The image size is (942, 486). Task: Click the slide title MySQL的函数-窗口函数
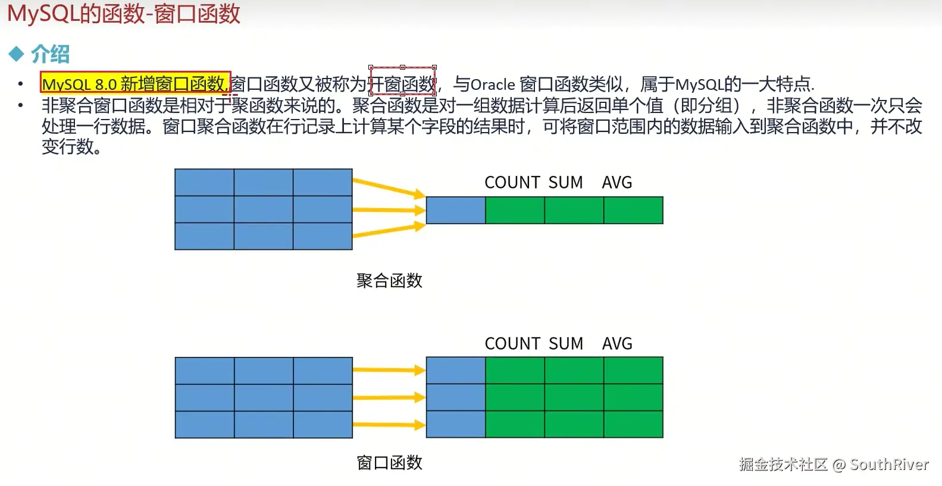pyautogui.click(x=124, y=13)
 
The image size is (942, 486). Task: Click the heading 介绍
pyautogui.click(x=50, y=54)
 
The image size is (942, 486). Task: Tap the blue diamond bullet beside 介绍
pyautogui.click(x=16, y=54)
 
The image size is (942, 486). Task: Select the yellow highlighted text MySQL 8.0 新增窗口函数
pyautogui.click(x=135, y=83)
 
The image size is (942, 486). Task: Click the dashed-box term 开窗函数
pyautogui.click(x=403, y=83)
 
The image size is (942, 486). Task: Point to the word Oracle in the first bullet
pyautogui.click(x=492, y=84)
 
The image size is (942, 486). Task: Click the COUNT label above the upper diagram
pyautogui.click(x=512, y=183)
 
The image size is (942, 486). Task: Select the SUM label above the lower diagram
pyautogui.click(x=565, y=344)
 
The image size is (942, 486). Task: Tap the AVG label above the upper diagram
pyautogui.click(x=616, y=183)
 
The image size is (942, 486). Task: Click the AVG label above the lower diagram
pyautogui.click(x=616, y=344)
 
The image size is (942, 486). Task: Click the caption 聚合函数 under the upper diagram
pyautogui.click(x=389, y=281)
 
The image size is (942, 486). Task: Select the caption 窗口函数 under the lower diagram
pyautogui.click(x=389, y=463)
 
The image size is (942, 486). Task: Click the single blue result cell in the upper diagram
pyautogui.click(x=456, y=211)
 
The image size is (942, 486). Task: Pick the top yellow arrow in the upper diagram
pyautogui.click(x=389, y=186)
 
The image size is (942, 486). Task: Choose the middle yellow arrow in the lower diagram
pyautogui.click(x=389, y=397)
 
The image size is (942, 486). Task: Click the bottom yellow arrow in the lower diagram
pyautogui.click(x=389, y=425)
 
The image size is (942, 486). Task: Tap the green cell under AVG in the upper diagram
pyautogui.click(x=633, y=211)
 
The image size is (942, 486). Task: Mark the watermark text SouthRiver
pyautogui.click(x=889, y=465)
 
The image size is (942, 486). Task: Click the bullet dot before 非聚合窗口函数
pyautogui.click(x=21, y=106)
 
